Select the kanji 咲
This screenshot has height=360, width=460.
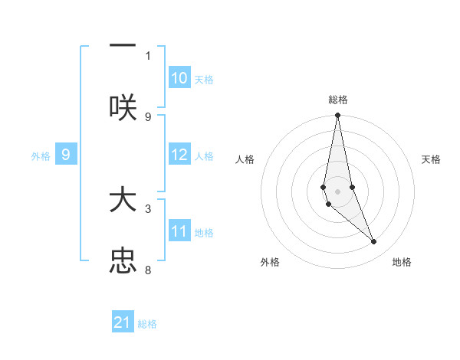point(123,106)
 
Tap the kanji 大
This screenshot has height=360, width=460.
point(123,201)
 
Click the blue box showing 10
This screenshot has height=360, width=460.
point(179,78)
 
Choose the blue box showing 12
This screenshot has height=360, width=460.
point(179,155)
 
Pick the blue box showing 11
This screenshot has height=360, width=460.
point(179,231)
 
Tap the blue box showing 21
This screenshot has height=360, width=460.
point(123,322)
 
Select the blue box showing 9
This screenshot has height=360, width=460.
point(67,155)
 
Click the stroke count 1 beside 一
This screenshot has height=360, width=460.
point(148,55)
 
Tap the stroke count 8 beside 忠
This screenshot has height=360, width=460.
point(148,270)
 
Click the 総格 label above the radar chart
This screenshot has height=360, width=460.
point(338,100)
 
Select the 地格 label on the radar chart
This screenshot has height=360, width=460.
point(402,262)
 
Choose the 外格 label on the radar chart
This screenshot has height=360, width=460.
point(270,262)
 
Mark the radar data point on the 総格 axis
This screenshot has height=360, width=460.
point(338,116)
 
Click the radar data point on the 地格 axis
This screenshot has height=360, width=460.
point(374,242)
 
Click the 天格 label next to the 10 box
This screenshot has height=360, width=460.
point(204,79)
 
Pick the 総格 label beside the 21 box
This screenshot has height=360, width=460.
point(147,323)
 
